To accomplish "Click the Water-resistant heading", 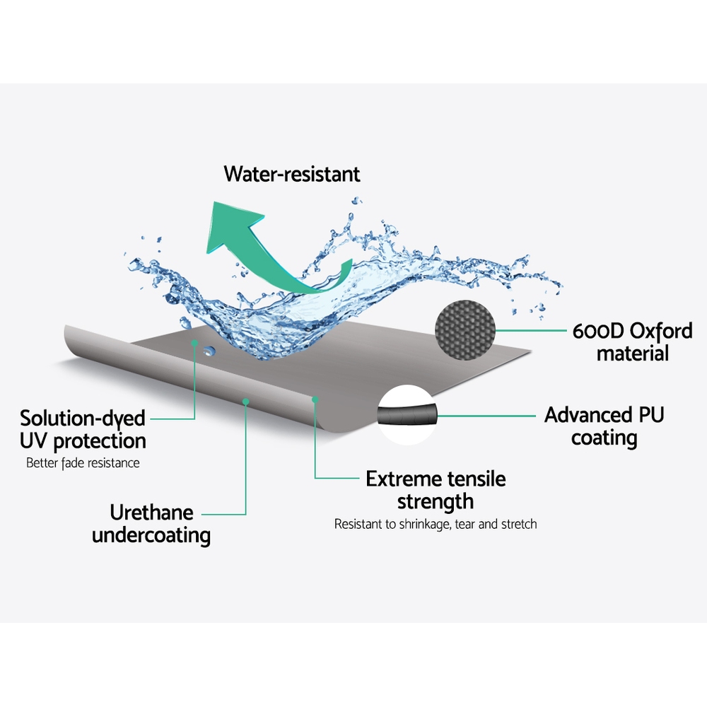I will tap(292, 174).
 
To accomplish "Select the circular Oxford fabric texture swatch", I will tap(466, 329).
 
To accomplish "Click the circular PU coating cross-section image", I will tap(409, 415).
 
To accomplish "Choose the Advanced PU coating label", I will tap(604, 426).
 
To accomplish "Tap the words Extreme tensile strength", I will tap(436, 490).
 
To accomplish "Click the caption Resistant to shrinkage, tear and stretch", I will tap(436, 525).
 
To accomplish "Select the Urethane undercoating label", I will tap(151, 523).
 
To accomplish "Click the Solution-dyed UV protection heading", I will tap(83, 429).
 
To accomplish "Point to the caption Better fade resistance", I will tap(83, 464).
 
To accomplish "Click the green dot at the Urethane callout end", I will tap(246, 401).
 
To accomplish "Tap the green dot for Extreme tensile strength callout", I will tap(315, 399).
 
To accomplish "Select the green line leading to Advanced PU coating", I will tap(488, 416).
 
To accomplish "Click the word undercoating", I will tap(151, 535).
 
